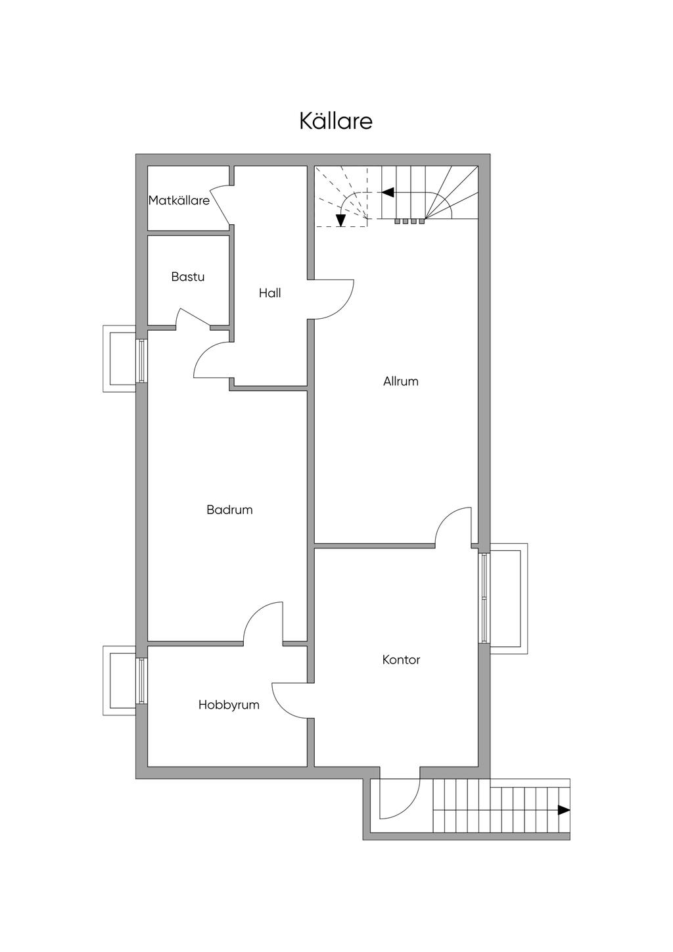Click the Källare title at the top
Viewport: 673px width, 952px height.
[x=336, y=121]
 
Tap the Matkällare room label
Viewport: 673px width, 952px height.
[x=179, y=200]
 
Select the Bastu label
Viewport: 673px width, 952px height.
[x=188, y=277]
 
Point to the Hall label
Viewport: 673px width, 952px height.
[x=270, y=293]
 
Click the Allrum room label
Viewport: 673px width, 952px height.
[x=401, y=381]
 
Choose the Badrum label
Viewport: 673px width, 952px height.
[x=229, y=510]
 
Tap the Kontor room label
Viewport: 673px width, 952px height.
[x=401, y=659]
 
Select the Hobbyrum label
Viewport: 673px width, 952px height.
[x=229, y=705]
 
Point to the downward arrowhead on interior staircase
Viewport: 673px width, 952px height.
[x=340, y=220]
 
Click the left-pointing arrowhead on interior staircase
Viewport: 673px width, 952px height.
[x=387, y=193]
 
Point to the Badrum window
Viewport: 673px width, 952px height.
[x=141, y=361]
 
